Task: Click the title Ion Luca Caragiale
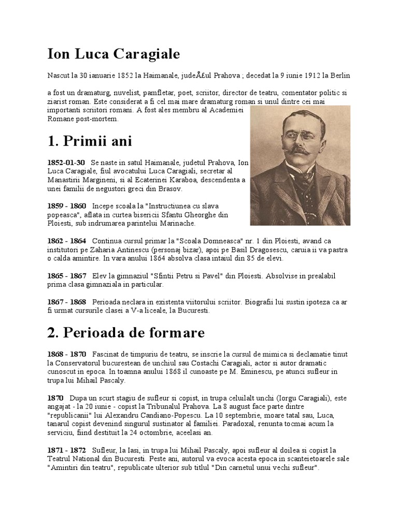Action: click(113, 54)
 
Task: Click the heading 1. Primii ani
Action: click(90, 141)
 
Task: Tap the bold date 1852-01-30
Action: click(66, 163)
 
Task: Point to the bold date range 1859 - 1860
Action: click(67, 206)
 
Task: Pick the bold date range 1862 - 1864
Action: click(67, 241)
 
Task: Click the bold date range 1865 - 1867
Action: click(67, 276)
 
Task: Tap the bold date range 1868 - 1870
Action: click(67, 354)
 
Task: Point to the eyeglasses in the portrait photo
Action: click(299, 135)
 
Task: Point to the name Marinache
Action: click(177, 223)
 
